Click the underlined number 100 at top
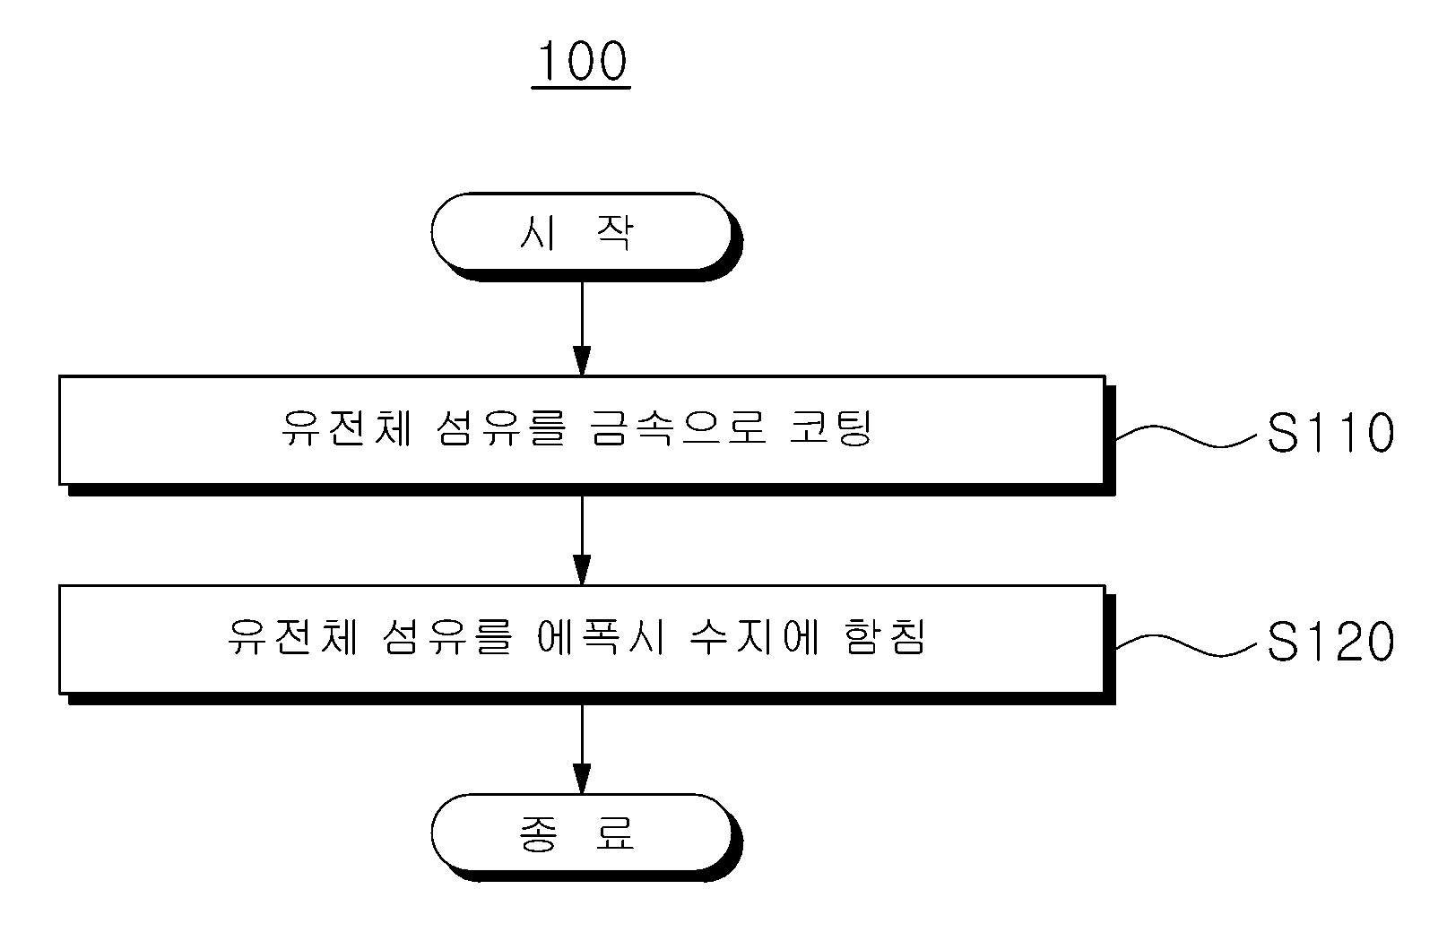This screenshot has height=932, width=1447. [581, 62]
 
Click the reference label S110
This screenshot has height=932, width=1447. [1330, 433]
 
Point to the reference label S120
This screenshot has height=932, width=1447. [1330, 642]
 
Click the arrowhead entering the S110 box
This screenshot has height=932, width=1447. [582, 360]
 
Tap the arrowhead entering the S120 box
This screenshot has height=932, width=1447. [582, 570]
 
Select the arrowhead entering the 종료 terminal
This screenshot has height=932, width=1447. [582, 779]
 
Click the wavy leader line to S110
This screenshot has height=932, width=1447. [1186, 436]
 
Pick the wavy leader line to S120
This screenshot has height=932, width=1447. [1186, 645]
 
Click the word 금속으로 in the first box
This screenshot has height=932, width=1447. [679, 428]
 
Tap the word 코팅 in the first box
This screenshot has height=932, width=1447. [831, 428]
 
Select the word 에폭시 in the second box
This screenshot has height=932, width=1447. [601, 637]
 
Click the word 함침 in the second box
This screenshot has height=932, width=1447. [885, 637]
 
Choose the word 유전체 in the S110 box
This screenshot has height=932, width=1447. [347, 428]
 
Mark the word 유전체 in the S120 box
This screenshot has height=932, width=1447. [292, 637]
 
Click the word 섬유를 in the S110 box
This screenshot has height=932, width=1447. [501, 428]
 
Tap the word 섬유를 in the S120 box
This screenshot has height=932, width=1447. [447, 637]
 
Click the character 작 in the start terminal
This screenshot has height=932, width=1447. [615, 232]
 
